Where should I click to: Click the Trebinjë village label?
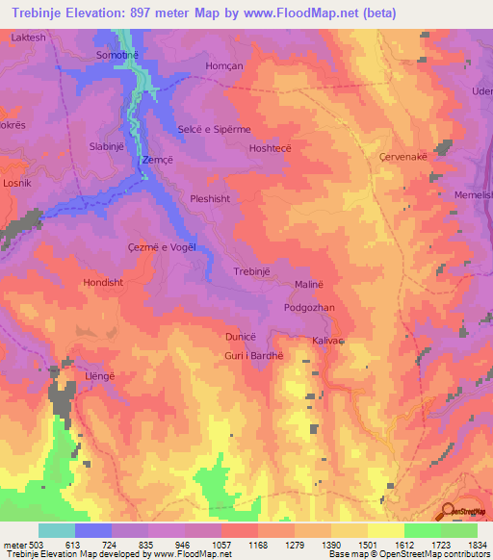point(251,272)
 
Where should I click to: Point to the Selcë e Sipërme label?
point(214,129)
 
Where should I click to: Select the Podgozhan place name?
point(309,307)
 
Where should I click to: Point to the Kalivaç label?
point(328,341)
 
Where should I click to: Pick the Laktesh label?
point(28,38)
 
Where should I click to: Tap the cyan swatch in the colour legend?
point(56,530)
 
